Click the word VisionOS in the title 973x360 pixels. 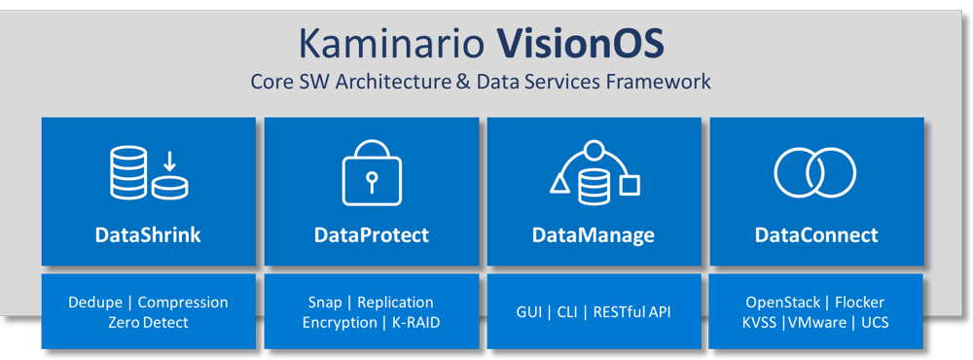point(581,44)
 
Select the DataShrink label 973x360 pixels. point(148,234)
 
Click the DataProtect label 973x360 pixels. point(371,234)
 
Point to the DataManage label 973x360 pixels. point(593,234)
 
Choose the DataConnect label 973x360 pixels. point(815,234)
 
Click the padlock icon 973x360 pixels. point(371,174)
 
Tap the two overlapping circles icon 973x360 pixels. point(814,173)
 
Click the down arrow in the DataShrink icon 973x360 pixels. point(168,159)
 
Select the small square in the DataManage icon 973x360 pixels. point(631,184)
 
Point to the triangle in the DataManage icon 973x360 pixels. point(560,183)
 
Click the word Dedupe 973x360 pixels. point(95,303)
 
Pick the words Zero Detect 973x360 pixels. point(148,322)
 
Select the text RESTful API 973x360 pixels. point(632,312)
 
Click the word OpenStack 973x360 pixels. point(782,303)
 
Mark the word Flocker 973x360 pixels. point(859,303)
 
